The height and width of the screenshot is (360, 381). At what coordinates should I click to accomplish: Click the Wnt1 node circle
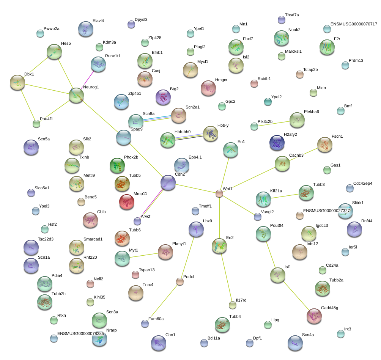point(219,193)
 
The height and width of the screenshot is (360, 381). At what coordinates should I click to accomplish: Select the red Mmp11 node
point(127,202)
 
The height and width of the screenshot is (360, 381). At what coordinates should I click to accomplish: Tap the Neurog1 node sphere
point(76,96)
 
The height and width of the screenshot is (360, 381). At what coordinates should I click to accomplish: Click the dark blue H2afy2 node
point(277,143)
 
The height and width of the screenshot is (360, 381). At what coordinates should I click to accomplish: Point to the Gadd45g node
point(314,316)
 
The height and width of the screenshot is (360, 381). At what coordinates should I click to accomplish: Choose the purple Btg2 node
point(163,97)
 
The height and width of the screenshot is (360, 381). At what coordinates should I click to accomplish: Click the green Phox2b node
point(117,165)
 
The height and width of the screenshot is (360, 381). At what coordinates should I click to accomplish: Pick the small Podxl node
point(180,281)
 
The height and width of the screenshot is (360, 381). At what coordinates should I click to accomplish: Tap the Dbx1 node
point(17,82)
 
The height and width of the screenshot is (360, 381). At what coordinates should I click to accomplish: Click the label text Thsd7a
point(292,15)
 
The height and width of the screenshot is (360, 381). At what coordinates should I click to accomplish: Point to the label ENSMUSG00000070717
point(354,24)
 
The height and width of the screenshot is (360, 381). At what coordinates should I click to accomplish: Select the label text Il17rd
point(241,300)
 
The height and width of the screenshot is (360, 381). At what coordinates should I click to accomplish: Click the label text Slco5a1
point(42,188)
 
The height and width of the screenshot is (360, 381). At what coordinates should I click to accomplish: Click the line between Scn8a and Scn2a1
point(157,118)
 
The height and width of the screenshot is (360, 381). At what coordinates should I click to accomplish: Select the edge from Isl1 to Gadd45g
point(296,296)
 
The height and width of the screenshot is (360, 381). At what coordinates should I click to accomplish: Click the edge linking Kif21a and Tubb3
point(285,196)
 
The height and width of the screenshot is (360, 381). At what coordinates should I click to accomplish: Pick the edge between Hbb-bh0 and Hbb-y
point(189,137)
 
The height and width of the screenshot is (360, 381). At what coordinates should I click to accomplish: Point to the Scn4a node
point(295,343)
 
